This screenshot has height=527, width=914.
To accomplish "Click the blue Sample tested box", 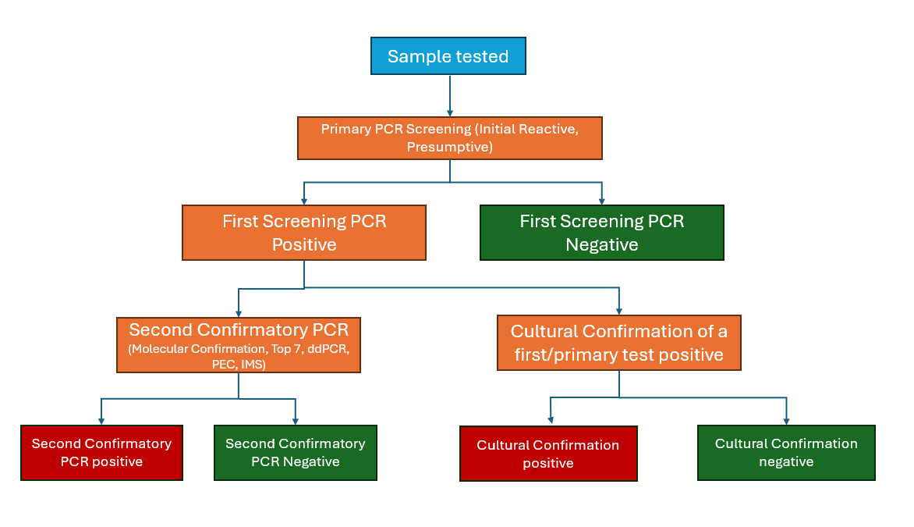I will [448, 56].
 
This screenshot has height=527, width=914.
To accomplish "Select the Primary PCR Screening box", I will [449, 137].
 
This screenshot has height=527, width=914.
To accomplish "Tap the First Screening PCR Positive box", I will [303, 233].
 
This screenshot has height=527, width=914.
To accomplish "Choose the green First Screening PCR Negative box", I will [601, 233].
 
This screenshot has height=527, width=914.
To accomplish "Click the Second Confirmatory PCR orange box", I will [239, 344].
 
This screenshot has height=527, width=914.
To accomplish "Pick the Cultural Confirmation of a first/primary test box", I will [618, 343].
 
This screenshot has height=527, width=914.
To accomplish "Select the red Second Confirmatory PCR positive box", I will [101, 452].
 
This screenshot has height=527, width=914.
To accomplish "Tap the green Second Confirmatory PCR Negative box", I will [295, 452].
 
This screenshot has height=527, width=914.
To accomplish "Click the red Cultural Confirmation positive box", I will [547, 454].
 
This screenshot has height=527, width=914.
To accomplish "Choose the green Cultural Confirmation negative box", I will [785, 452].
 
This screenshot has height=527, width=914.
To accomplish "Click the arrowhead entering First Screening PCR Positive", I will [304, 201].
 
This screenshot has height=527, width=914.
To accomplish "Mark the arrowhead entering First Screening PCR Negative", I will [602, 201].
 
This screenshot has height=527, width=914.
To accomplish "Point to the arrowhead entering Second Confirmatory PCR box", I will [239, 312].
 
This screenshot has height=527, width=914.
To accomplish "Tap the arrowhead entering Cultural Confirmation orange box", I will [619, 310].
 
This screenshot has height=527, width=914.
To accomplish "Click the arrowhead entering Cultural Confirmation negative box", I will [786, 420].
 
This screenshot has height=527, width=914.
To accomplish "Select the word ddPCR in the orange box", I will [329, 348].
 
